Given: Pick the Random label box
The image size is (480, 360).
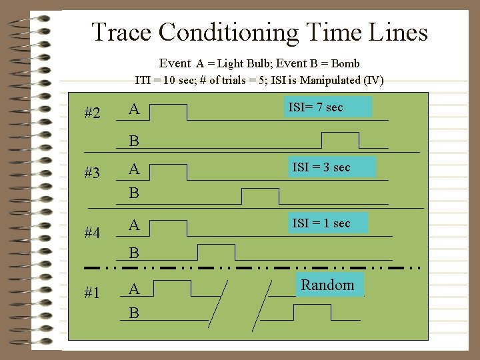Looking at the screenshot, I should click(x=327, y=285).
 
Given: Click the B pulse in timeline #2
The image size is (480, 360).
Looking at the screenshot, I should click(x=340, y=140).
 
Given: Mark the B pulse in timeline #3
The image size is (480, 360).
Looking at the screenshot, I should click(x=260, y=196).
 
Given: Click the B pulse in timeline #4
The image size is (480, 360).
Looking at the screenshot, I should click(x=216, y=252).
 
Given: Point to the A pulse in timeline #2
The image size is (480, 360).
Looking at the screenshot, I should click(x=169, y=112).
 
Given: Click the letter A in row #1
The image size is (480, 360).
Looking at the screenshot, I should click(x=134, y=289).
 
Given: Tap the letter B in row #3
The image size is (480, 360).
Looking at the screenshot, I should click(x=134, y=193).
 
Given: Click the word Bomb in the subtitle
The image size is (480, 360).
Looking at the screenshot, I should click(x=345, y=64).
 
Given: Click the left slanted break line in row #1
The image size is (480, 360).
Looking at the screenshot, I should click(x=219, y=305).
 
